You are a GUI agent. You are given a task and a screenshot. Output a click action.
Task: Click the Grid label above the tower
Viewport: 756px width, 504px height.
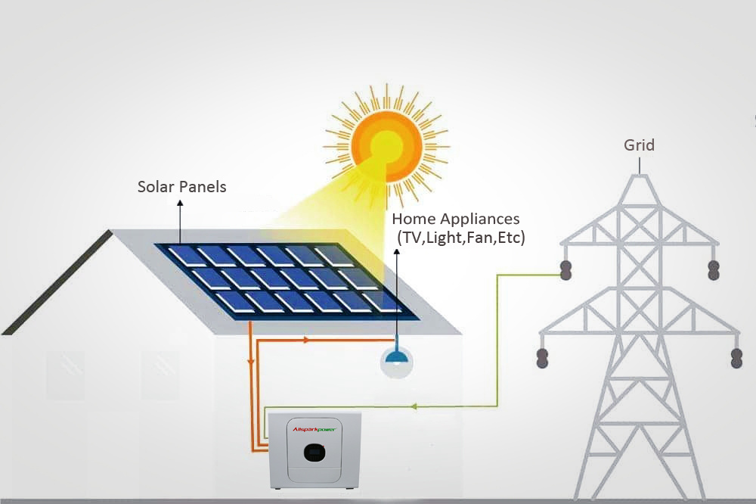(639, 145)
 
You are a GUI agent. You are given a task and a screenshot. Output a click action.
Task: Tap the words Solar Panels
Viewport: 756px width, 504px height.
(181, 186)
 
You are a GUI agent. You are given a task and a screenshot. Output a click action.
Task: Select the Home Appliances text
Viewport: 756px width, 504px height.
(456, 219)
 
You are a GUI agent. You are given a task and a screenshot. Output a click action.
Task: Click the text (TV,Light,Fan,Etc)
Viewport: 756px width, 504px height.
(461, 238)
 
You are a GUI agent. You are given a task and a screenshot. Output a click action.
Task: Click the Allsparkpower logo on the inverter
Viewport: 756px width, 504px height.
(314, 430)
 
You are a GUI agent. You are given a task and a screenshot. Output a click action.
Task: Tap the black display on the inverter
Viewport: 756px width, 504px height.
(315, 453)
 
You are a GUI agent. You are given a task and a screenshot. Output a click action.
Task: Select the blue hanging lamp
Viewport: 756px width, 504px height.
(396, 361)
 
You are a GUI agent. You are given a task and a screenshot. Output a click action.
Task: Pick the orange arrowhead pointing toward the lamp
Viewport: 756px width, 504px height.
(305, 341)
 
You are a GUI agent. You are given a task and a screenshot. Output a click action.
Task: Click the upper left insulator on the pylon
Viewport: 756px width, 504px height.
(565, 269)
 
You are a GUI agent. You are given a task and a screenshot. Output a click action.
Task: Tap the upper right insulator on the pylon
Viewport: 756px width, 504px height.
(712, 269)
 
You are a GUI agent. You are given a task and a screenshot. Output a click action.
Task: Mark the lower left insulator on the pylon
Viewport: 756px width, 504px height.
(542, 358)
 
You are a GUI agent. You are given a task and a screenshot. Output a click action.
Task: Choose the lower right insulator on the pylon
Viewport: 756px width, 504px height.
(736, 358)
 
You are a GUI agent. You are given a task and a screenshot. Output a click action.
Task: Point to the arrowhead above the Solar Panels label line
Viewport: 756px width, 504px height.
(180, 204)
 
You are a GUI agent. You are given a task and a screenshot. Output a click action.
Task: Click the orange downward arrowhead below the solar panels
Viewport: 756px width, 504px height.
(250, 362)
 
